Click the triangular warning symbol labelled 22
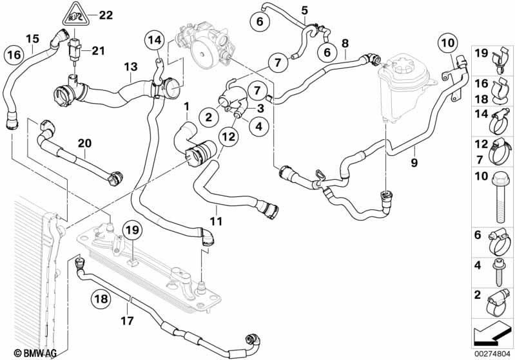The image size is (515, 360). tap(75, 15)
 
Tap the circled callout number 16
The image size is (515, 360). tap(14, 55)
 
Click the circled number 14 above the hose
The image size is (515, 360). tap(154, 40)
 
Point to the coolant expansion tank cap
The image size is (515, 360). tap(407, 68)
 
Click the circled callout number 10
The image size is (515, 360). tap(448, 43)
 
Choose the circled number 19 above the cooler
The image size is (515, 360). tap(133, 230)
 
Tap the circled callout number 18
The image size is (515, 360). tap(101, 299)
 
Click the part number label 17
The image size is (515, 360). tap(127, 320)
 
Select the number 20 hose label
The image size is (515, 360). tap(84, 144)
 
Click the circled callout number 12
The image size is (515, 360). tap(229, 137)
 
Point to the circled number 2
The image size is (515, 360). tap(209, 117)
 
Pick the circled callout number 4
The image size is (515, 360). tap(259, 126)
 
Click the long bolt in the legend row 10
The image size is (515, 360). tap(499, 198)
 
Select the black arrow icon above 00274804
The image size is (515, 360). tap(491, 335)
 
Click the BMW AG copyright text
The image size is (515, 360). tap(35, 353)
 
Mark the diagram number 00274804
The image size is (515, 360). tap(492, 354)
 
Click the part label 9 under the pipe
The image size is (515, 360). tap(414, 162)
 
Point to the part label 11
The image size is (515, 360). tap(216, 221)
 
